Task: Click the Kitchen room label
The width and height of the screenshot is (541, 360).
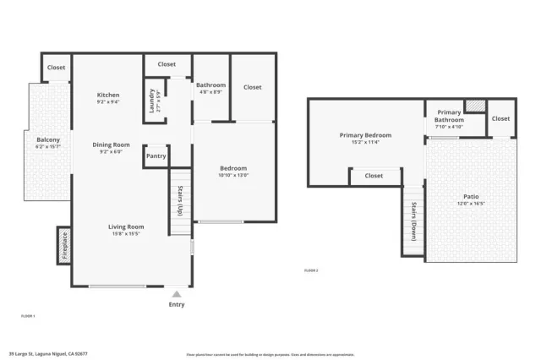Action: (108, 95)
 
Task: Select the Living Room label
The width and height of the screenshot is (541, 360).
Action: (125, 226)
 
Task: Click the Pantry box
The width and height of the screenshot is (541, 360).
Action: (156, 156)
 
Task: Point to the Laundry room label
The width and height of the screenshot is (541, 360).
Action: (153, 101)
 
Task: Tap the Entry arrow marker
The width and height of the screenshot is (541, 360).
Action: (176, 294)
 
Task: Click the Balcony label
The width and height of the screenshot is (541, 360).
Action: (48, 139)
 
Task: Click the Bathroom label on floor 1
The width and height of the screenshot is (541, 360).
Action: (210, 85)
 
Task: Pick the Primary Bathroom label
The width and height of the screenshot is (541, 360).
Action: (449, 117)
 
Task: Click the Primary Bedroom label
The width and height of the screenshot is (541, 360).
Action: (365, 135)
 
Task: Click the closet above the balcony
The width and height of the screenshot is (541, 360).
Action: (56, 68)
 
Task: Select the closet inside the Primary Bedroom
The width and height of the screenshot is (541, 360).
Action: (374, 176)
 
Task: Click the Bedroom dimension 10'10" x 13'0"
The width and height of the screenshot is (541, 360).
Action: (233, 176)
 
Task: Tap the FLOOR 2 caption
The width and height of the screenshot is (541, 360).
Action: (313, 270)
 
